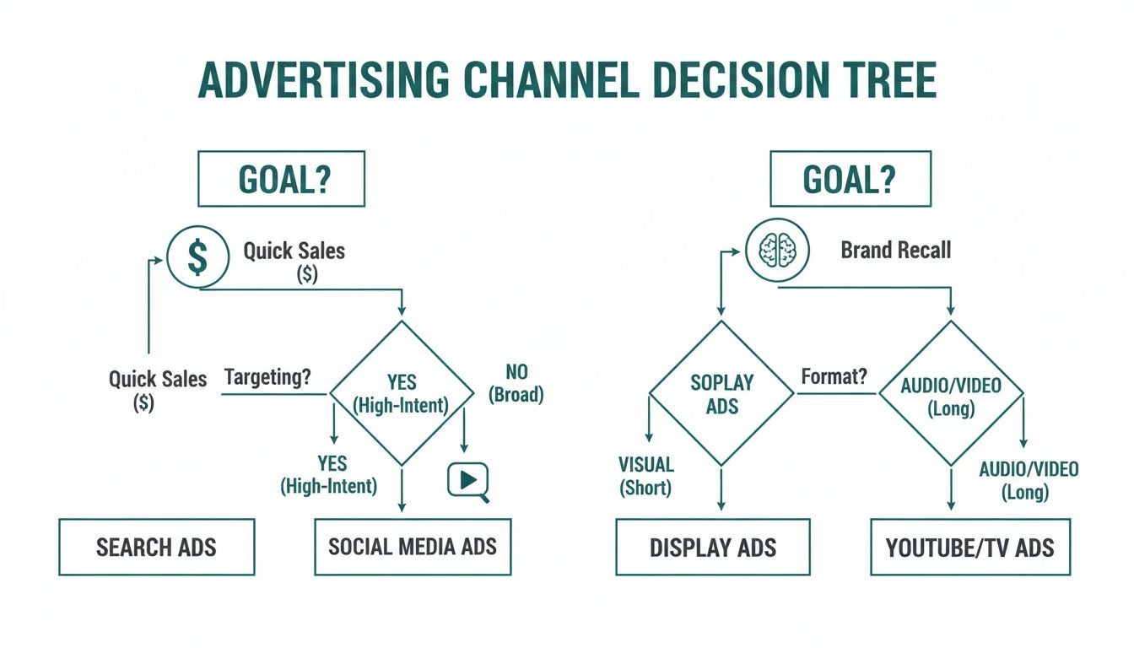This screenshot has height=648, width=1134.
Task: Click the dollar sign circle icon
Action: (x=197, y=258)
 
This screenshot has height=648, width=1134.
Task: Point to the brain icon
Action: (x=777, y=251)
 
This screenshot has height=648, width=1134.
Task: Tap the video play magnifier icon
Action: (x=467, y=482)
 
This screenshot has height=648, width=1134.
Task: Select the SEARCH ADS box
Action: (x=156, y=547)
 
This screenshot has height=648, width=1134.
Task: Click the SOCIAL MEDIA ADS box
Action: (x=413, y=547)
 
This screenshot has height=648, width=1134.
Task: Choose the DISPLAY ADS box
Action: (x=713, y=548)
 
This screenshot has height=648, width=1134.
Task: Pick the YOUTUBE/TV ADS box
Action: (x=969, y=548)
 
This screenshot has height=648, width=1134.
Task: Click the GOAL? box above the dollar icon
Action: (x=281, y=179)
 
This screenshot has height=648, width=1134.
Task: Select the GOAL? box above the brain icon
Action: (x=850, y=179)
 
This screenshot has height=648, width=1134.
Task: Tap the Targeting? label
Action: (x=267, y=377)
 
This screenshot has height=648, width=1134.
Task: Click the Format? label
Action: (x=834, y=376)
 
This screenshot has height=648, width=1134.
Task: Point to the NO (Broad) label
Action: (x=516, y=383)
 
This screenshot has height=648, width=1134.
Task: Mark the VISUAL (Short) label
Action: (x=646, y=476)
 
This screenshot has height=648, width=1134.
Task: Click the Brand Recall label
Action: (x=895, y=250)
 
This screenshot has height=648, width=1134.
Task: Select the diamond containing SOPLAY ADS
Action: (x=721, y=393)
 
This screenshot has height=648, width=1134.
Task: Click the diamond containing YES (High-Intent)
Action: (x=402, y=393)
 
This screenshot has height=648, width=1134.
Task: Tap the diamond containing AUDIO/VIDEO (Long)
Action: (x=951, y=393)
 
